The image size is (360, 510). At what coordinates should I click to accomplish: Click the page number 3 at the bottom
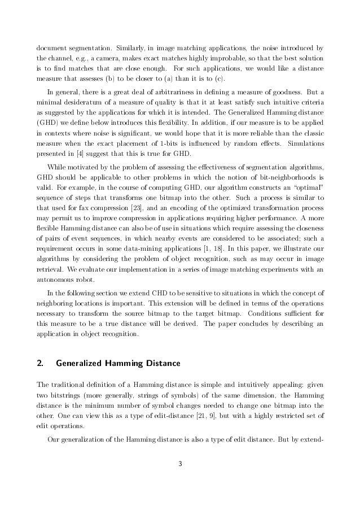181,480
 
